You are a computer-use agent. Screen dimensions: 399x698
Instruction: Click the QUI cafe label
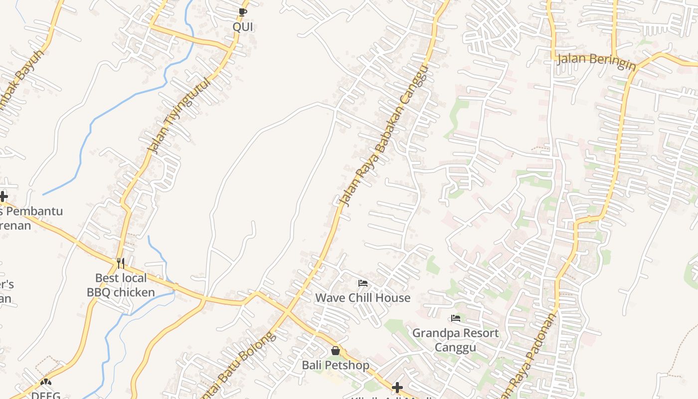[243, 26]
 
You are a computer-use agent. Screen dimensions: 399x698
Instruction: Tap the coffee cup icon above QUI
[243, 12]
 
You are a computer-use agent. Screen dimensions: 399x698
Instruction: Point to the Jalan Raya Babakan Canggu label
[383, 136]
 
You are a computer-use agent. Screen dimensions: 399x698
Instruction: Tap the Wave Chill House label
[362, 298]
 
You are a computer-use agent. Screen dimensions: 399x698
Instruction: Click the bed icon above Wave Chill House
[363, 284]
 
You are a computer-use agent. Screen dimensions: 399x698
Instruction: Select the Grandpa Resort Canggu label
[455, 340]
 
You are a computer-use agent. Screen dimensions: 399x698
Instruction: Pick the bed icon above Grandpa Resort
[455, 318]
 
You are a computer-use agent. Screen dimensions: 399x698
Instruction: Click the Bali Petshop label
[336, 365]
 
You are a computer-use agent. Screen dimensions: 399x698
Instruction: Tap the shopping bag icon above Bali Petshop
[336, 351]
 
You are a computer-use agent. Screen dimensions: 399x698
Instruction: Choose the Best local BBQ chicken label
[121, 285]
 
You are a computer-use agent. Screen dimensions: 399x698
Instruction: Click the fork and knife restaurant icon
[121, 263]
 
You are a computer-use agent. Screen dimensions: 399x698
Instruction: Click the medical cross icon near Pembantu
[3, 196]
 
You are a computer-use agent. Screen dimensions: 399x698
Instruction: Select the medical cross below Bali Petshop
[397, 387]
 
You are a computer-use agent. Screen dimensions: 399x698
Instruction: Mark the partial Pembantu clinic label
[31, 218]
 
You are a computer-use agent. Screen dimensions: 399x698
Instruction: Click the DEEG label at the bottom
[45, 395]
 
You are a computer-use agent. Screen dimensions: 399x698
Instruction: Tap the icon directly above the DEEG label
[46, 382]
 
